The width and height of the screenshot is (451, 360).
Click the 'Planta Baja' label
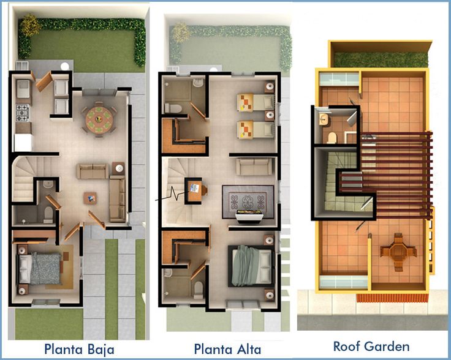pyautogui.click(x=79, y=349)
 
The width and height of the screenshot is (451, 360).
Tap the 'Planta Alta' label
pyautogui.click(x=227, y=349)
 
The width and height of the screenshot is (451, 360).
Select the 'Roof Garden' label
pyautogui.click(x=371, y=346)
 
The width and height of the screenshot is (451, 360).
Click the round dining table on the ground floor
pyautogui.click(x=99, y=119)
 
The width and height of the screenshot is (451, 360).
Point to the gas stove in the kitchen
pyautogui.click(x=23, y=113)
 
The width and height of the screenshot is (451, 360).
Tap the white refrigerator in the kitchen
pyautogui.click(x=23, y=143)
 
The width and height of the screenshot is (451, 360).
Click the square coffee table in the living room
pyautogui.click(x=90, y=198)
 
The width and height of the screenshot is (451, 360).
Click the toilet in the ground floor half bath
pyautogui.click(x=48, y=215)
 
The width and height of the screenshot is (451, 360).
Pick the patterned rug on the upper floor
pyautogui.click(x=248, y=201)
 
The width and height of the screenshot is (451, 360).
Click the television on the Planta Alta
pyautogui.click(x=249, y=215)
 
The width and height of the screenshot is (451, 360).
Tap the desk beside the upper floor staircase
pyautogui.click(x=195, y=190)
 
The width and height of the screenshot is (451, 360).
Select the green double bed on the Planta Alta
pyautogui.click(x=251, y=266)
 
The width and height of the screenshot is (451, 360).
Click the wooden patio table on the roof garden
pyautogui.click(x=398, y=252)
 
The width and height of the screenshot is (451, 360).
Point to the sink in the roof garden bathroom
pyautogui.click(x=324, y=119)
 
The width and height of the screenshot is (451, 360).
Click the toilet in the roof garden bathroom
pyautogui.click(x=332, y=138)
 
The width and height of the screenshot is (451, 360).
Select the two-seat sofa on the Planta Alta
pyautogui.click(x=254, y=167)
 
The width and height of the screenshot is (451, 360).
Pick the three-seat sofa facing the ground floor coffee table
pyautogui.click(x=117, y=198)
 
